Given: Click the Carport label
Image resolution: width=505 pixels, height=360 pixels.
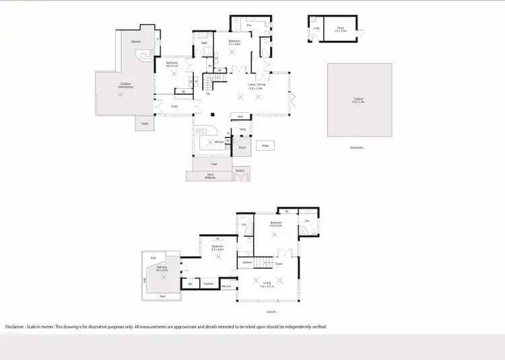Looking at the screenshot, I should tap(359, 101).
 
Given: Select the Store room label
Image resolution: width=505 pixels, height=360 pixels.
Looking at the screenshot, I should tap(342, 29).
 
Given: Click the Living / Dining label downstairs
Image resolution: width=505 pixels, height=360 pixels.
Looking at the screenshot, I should tap(256, 86).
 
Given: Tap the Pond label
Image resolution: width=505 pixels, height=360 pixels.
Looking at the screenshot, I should tap(213, 164).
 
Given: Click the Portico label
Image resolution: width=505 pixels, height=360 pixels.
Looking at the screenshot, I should tap(240, 171).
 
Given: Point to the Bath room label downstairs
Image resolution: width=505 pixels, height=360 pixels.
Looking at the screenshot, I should tap(205, 43).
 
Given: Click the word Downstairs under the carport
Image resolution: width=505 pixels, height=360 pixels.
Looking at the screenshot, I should tap(356, 147).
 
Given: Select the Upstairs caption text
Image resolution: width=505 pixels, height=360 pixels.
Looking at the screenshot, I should tap(271, 312).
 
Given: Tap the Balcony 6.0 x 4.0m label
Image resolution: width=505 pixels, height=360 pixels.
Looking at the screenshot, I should tap(162, 269).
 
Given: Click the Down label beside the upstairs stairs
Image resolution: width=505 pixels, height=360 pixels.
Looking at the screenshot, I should tap(279, 264).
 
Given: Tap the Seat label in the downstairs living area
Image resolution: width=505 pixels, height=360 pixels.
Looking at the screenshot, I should tap(240, 116).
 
